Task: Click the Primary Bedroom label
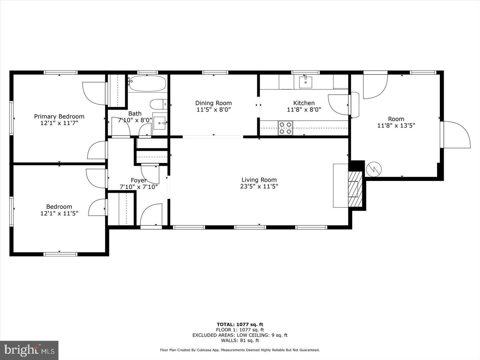point(59,116)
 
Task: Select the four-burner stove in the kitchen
point(285,128)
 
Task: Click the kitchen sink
point(305,82)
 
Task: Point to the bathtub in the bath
point(147,84)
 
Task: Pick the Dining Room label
point(213,103)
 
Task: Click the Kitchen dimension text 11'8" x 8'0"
point(304,110)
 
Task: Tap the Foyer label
point(138,180)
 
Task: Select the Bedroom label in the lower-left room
point(59,207)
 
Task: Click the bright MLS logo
point(29,350)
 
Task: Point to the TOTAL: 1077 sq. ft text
point(240,324)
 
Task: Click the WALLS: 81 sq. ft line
point(240,340)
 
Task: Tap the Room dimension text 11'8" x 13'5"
point(396,126)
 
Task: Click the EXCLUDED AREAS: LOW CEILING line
point(240,335)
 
